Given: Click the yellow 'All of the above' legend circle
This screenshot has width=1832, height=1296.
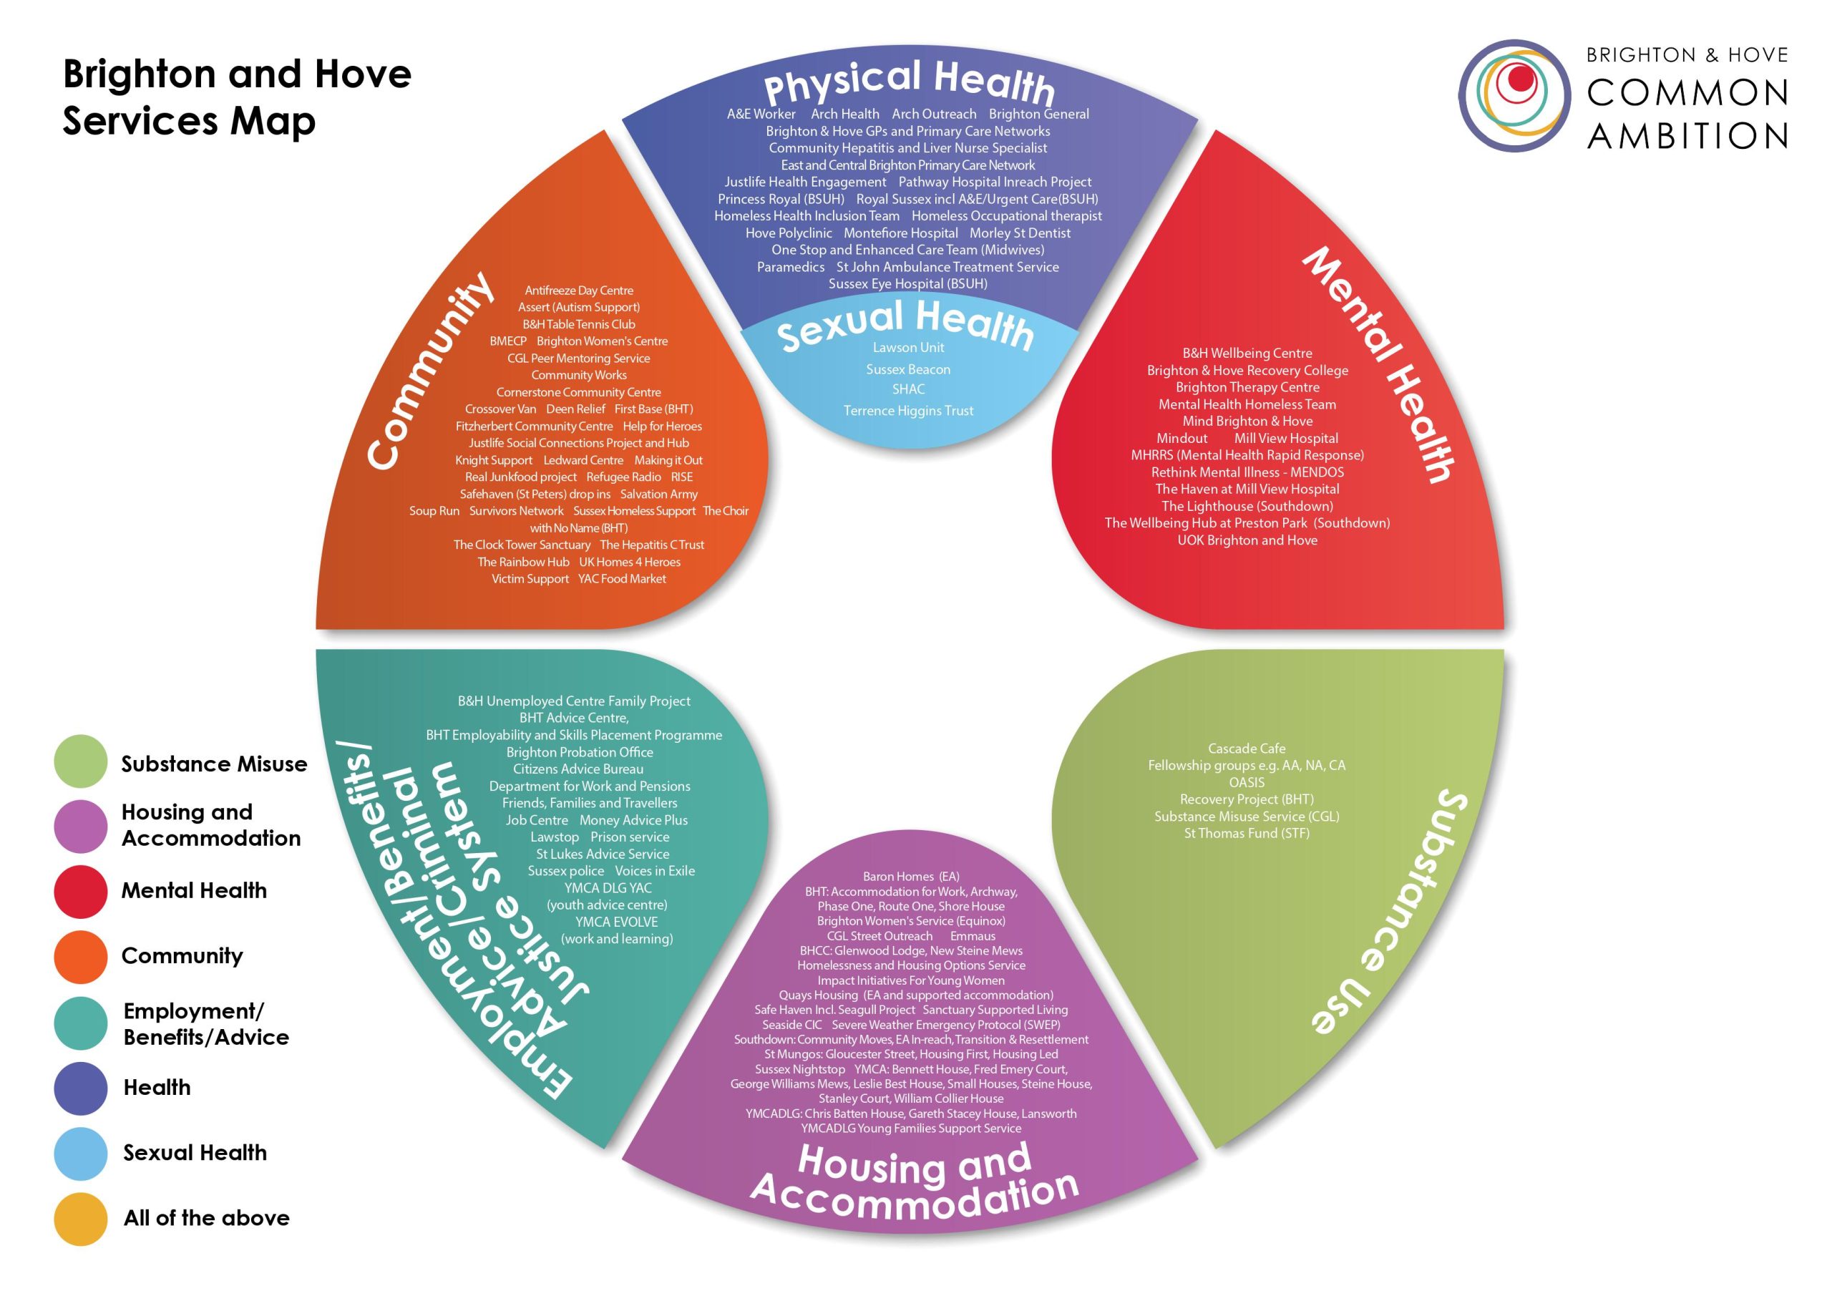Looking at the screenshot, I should click(x=81, y=1219).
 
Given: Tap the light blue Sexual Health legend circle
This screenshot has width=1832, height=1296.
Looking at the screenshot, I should click(x=81, y=1153).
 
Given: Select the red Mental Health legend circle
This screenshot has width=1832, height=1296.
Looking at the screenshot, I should click(x=81, y=892).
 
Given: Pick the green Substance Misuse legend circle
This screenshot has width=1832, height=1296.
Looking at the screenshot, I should click(x=81, y=761).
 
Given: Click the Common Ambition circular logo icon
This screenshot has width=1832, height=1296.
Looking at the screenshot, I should click(x=1514, y=96).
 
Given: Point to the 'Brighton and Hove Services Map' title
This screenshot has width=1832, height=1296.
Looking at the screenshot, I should click(x=237, y=97).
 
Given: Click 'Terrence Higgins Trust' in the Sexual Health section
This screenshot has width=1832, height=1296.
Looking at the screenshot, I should click(x=908, y=411).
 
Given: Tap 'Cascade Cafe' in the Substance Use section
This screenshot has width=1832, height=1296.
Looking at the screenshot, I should click(x=1247, y=749).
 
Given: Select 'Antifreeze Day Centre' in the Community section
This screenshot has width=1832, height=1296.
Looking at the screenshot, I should click(x=578, y=291).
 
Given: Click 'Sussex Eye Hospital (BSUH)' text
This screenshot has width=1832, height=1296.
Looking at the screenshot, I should click(x=907, y=284).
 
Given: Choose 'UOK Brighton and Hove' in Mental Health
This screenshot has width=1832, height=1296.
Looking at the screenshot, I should click(x=1247, y=540).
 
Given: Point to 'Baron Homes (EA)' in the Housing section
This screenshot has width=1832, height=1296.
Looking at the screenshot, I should click(x=910, y=876).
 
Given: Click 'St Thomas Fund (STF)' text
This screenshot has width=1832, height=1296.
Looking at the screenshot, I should click(x=1247, y=833).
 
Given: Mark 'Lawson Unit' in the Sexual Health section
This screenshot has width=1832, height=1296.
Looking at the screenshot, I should click(x=908, y=348).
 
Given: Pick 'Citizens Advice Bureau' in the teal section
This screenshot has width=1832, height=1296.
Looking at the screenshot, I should click(x=578, y=769).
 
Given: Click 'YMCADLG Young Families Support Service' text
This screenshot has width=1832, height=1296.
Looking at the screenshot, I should click(x=910, y=1129).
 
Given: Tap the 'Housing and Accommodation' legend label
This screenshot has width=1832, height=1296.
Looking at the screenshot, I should click(x=210, y=825).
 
